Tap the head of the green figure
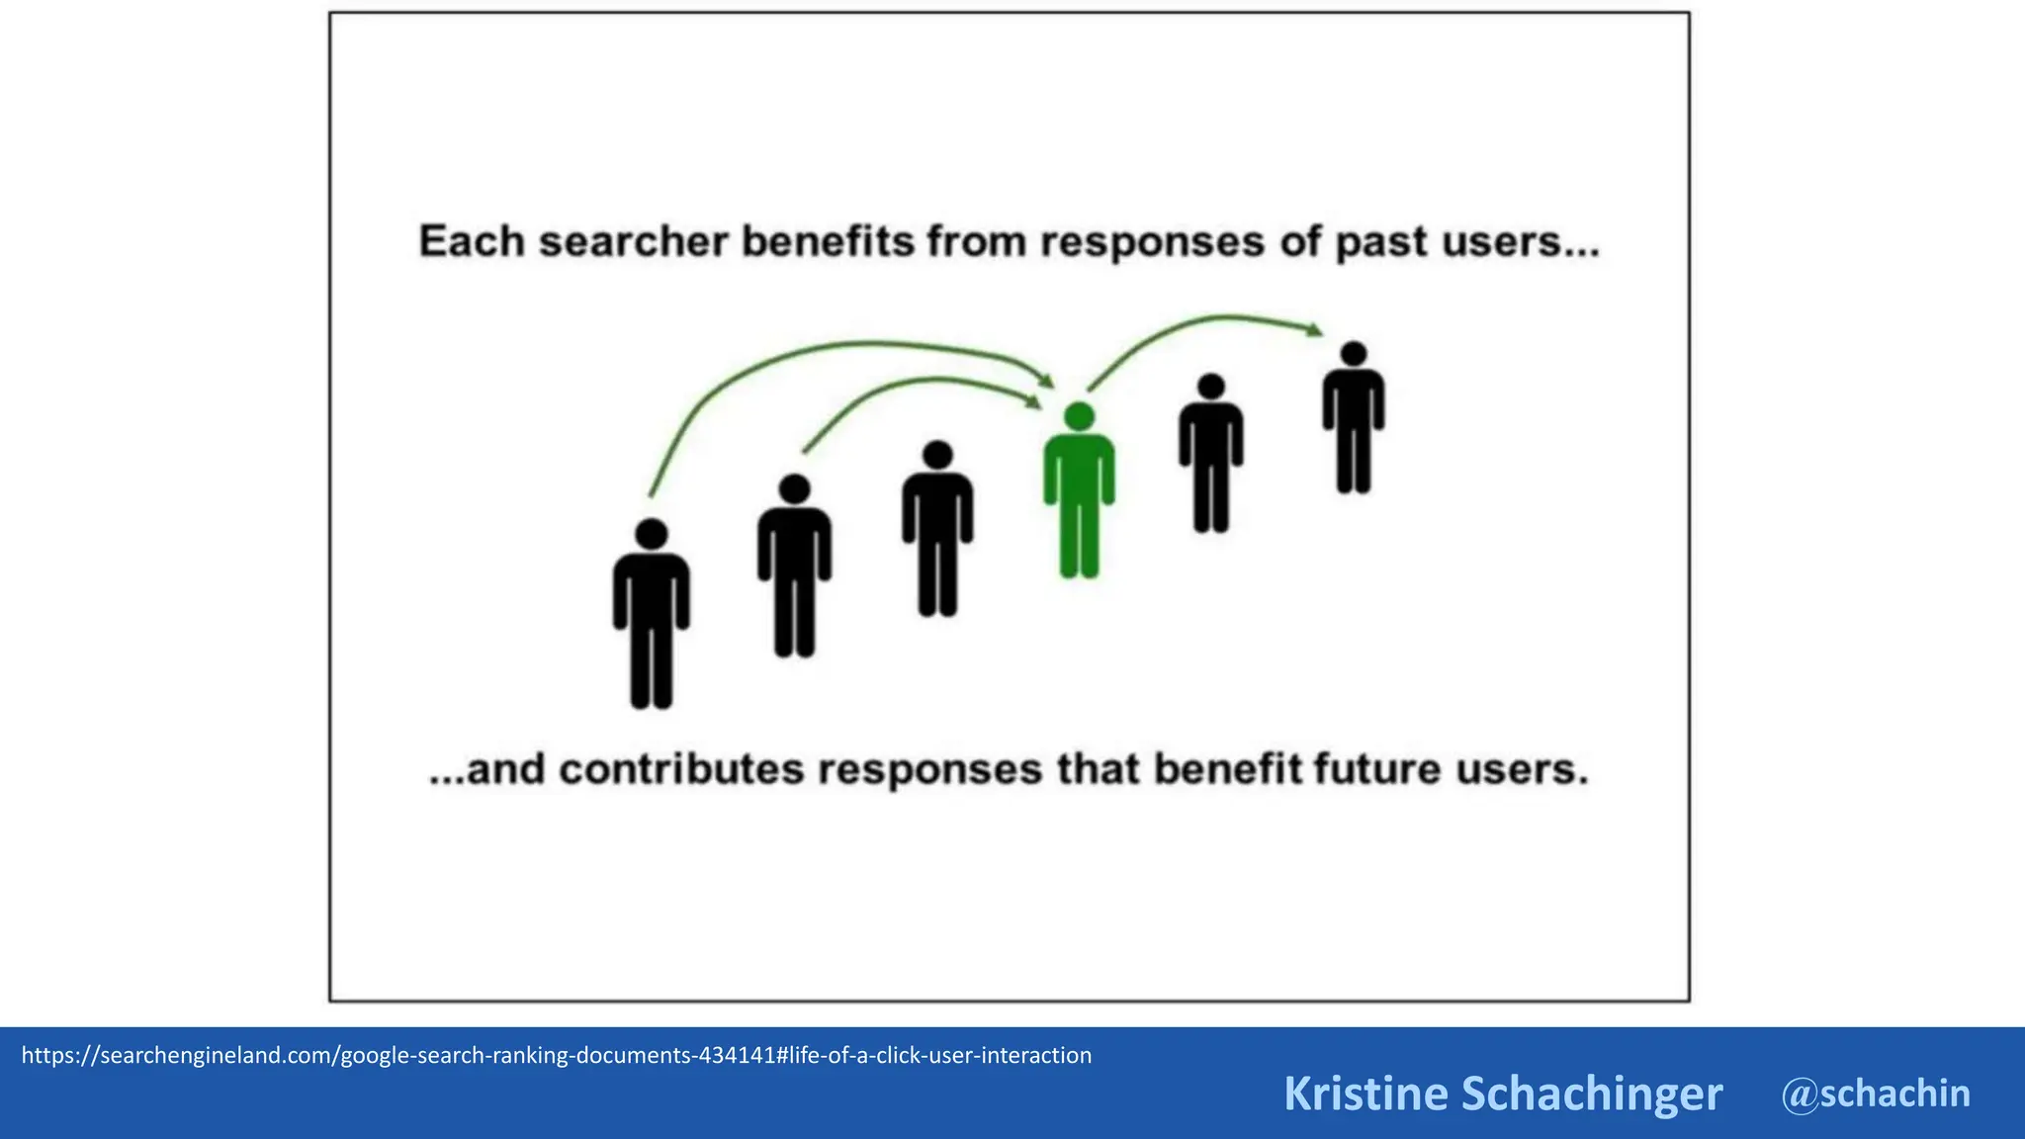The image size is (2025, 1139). click(1079, 416)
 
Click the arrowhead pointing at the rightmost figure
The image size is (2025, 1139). click(1315, 329)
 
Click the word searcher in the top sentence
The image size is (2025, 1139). click(633, 242)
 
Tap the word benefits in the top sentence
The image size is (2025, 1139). click(828, 242)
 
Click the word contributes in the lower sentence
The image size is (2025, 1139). click(681, 770)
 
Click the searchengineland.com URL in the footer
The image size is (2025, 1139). click(556, 1055)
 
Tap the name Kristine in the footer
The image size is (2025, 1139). click(1365, 1094)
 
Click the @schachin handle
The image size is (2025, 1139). click(1876, 1094)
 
